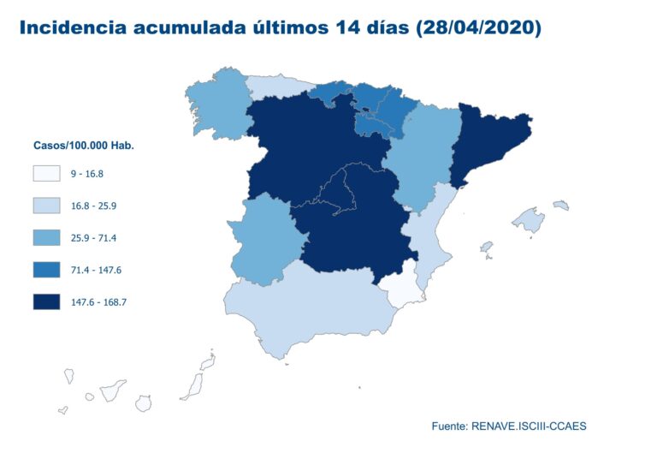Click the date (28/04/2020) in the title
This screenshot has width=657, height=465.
pyautogui.click(x=478, y=27)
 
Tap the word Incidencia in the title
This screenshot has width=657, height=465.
pyautogui.click(x=71, y=27)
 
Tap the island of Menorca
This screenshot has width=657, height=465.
pyautogui.click(x=561, y=205)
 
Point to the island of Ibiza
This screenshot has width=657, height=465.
pyautogui.click(x=487, y=248)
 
